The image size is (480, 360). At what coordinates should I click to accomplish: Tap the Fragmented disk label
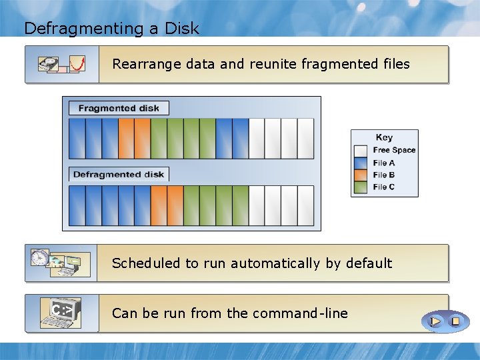pyautogui.click(x=119, y=108)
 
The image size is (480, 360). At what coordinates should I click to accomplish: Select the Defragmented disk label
pyautogui.click(x=119, y=175)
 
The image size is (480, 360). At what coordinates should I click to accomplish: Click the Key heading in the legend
pyautogui.click(x=384, y=138)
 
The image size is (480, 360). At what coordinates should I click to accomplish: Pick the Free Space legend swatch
pyautogui.click(x=361, y=151)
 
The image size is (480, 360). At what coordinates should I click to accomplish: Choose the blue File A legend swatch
pyautogui.click(x=361, y=163)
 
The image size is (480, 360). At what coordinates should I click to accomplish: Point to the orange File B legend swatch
pyautogui.click(x=361, y=175)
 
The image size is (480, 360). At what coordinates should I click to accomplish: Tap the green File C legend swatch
pyautogui.click(x=361, y=187)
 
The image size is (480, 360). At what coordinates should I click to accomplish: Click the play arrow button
pyautogui.click(x=435, y=321)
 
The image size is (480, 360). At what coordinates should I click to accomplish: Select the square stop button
pyautogui.click(x=455, y=321)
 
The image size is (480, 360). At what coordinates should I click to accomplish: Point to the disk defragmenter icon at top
pyautogui.click(x=62, y=64)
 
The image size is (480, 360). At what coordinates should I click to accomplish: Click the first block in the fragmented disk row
pyautogui.click(x=77, y=138)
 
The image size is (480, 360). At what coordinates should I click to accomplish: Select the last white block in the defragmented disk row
pyautogui.click(x=305, y=205)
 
